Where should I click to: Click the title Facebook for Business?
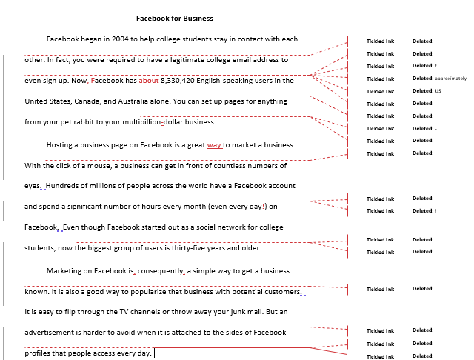[x=175, y=18]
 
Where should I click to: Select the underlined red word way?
[x=214, y=144]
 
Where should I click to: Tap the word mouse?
[x=90, y=165]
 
